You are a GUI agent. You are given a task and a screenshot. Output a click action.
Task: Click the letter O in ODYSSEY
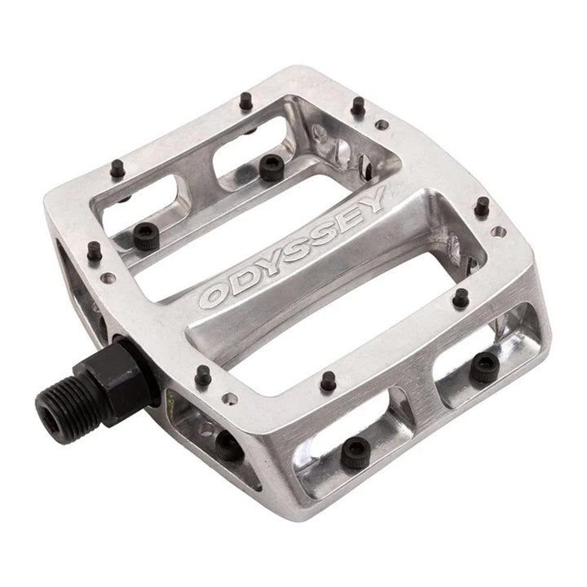[214, 296]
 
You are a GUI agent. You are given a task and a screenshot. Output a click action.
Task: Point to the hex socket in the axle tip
[48, 404]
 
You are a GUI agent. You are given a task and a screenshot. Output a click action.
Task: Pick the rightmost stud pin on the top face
[483, 205]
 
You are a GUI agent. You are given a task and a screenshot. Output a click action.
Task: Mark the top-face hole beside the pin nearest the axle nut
[232, 399]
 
